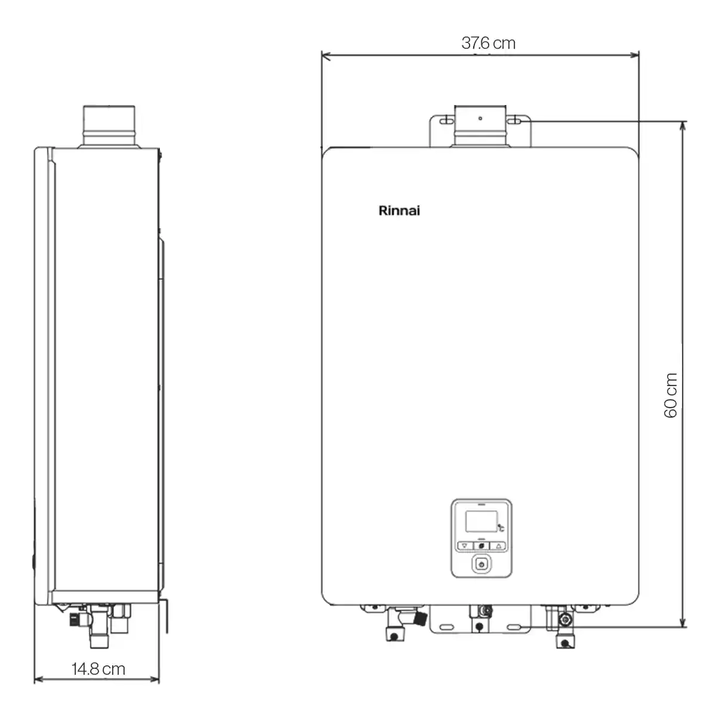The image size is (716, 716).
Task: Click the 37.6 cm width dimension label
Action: (488, 44)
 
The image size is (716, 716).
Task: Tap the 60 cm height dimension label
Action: (670, 396)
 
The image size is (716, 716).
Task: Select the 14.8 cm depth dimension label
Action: (98, 669)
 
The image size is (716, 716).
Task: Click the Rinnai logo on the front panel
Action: (399, 211)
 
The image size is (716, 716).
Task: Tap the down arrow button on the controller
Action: (464, 545)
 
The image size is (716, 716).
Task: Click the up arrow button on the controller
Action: (498, 545)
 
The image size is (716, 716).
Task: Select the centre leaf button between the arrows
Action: (482, 545)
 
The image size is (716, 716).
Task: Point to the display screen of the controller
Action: (481, 521)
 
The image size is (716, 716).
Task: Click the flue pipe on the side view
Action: (109, 126)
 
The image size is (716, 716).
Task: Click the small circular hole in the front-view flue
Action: (480, 118)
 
